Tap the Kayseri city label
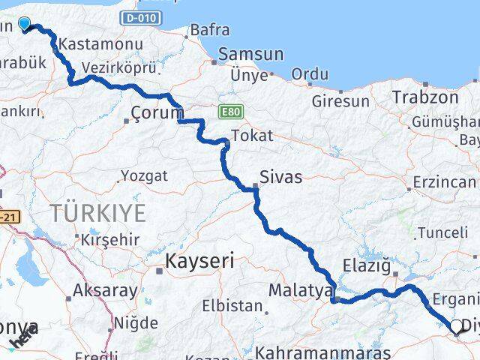pos(199,261)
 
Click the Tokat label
pos(252,136)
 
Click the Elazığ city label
pos(367,265)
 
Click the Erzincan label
pos(444,182)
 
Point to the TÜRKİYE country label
pos(98,213)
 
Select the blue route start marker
pos(24,25)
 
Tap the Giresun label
pos(340,101)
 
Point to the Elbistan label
pos(233,307)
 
